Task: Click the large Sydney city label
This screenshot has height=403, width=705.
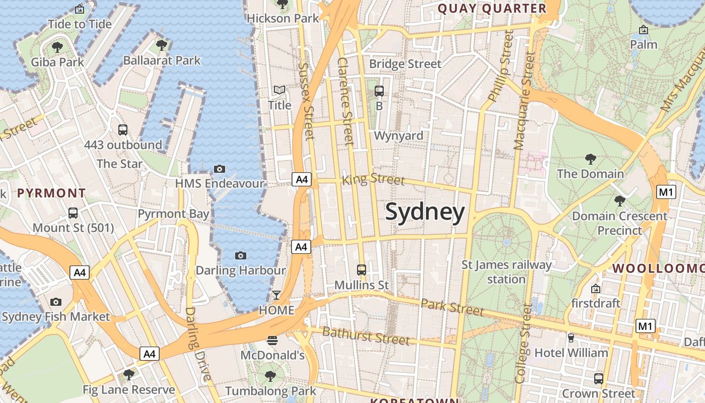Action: [x=425, y=213]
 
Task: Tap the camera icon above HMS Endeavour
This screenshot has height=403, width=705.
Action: [x=220, y=169]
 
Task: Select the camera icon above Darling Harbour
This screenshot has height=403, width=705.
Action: [x=241, y=255]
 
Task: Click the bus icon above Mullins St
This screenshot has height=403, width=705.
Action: [x=362, y=270]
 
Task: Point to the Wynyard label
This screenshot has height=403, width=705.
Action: [x=398, y=136]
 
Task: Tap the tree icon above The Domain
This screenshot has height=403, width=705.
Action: [x=591, y=159]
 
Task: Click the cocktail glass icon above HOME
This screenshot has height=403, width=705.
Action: [x=276, y=295]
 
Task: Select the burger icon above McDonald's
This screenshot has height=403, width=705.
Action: [x=272, y=341]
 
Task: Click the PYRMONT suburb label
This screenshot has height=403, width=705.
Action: [x=51, y=193]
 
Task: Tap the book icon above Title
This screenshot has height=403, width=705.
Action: [x=279, y=90]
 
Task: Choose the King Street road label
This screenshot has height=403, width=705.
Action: [x=373, y=179]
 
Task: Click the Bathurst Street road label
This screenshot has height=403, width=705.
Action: [x=366, y=335]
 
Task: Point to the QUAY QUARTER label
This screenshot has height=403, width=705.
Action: [x=492, y=9]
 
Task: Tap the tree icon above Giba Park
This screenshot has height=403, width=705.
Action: [x=57, y=47]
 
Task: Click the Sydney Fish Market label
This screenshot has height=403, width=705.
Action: [x=55, y=316]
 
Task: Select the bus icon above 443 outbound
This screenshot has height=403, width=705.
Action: [x=123, y=130]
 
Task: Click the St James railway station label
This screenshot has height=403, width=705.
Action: [x=507, y=272]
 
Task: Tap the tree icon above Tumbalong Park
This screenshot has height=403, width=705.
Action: [x=270, y=376]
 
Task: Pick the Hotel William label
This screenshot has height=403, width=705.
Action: [x=571, y=353]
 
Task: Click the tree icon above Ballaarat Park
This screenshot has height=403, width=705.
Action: [x=162, y=45]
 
